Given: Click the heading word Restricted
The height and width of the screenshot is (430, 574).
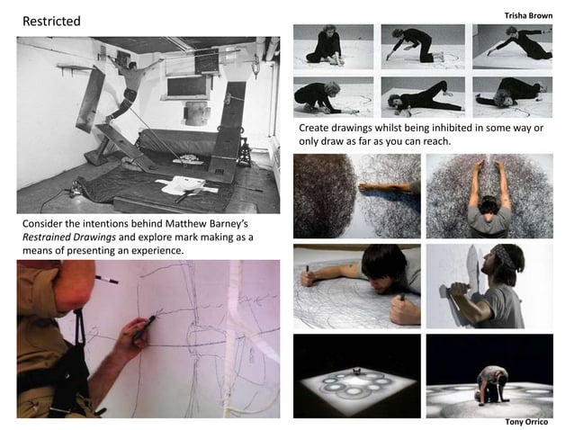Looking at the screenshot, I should click(50, 21).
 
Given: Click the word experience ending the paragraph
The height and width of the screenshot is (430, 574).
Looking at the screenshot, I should click(155, 250).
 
